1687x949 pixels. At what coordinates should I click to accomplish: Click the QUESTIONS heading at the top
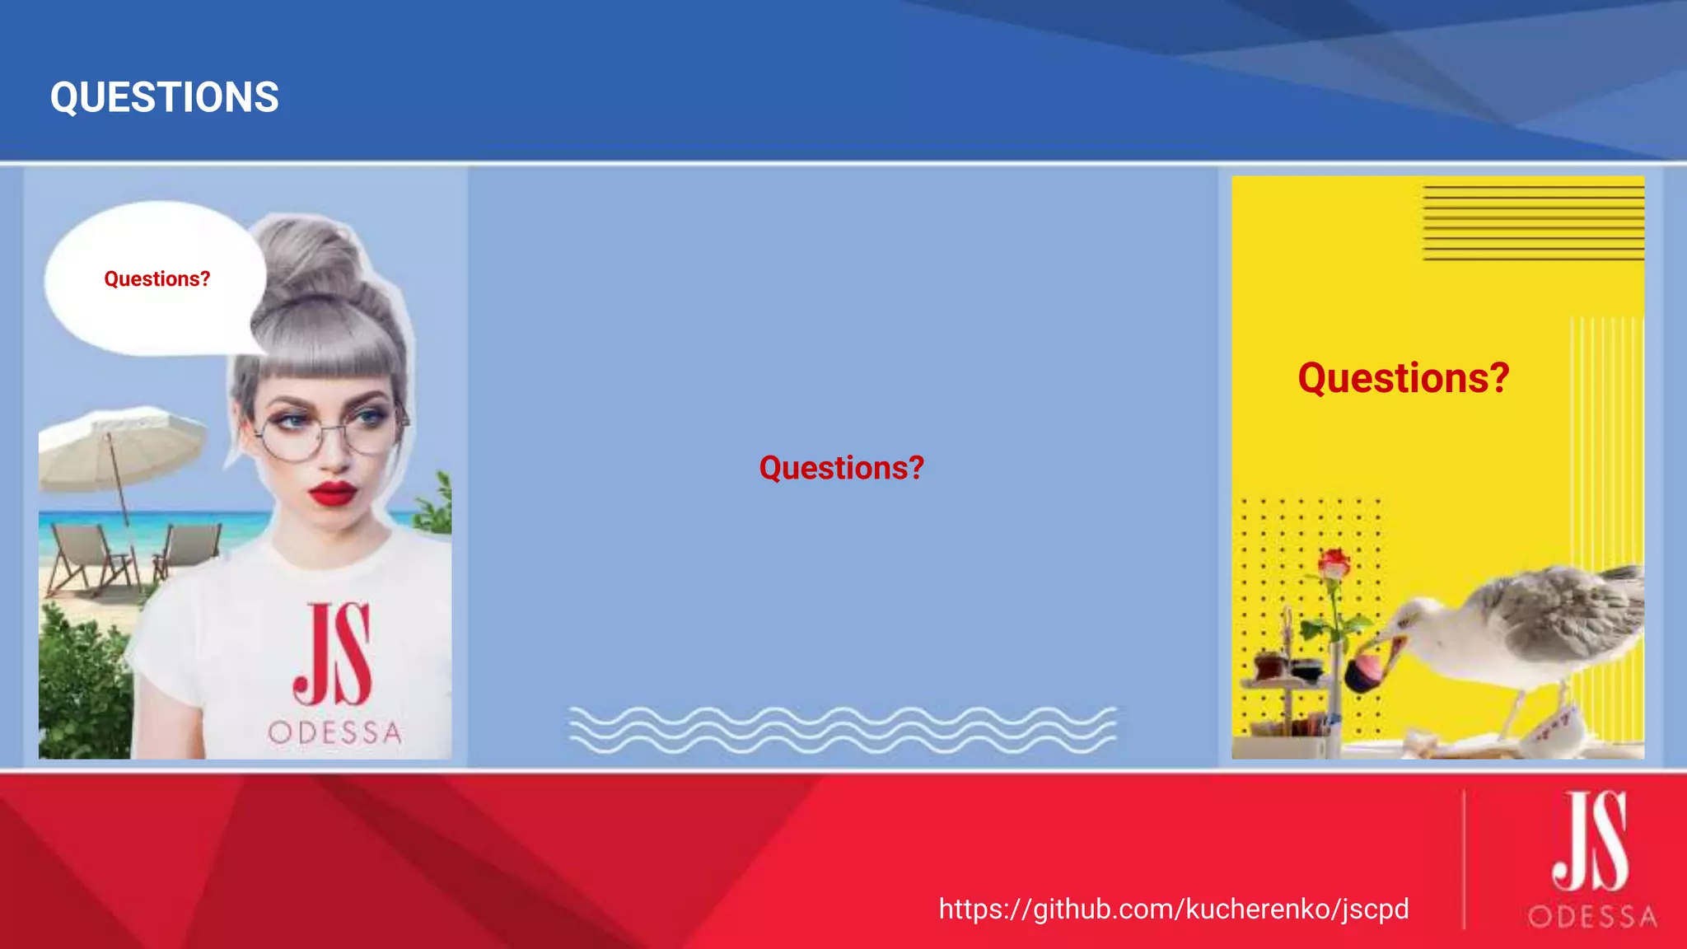[165, 97]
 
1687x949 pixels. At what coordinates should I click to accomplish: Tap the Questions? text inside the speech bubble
[157, 279]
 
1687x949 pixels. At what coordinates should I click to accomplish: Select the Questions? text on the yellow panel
[1403, 378]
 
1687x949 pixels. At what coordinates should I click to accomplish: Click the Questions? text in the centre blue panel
[841, 468]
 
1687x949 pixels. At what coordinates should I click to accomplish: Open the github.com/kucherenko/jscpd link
[1173, 909]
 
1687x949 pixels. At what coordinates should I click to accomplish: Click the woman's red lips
[333, 493]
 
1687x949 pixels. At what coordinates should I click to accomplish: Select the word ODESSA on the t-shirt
[334, 732]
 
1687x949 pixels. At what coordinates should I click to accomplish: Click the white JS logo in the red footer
[1590, 840]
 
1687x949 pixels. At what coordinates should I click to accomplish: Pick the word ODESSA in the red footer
[1591, 916]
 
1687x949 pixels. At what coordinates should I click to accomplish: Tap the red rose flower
[1334, 564]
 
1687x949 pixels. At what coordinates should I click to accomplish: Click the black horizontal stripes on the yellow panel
[1533, 222]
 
